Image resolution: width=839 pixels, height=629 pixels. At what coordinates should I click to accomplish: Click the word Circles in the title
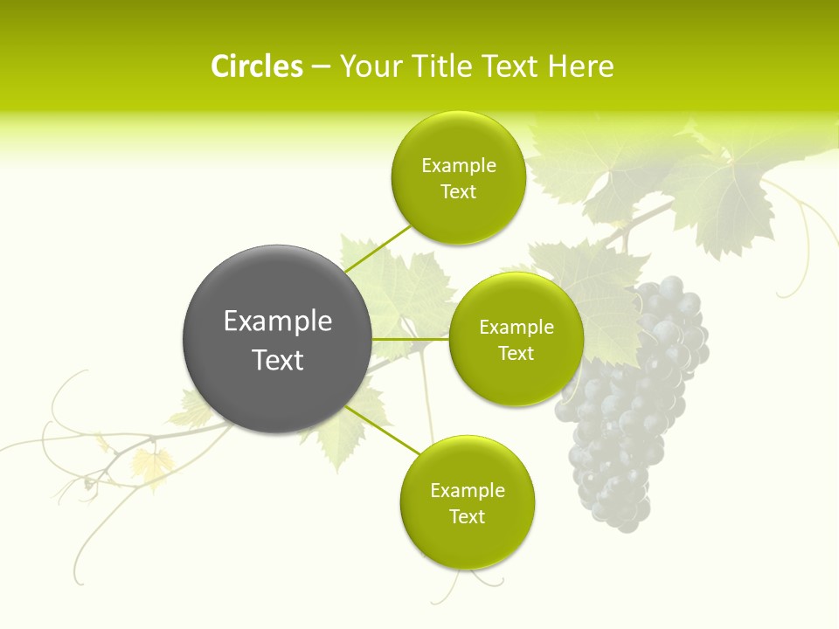pyautogui.click(x=256, y=66)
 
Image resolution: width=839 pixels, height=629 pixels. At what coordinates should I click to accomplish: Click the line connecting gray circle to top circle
pyautogui.click(x=378, y=248)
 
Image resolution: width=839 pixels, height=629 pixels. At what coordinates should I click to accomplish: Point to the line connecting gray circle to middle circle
pyautogui.click(x=410, y=339)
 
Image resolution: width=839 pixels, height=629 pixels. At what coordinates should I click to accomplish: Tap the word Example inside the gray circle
pyautogui.click(x=278, y=321)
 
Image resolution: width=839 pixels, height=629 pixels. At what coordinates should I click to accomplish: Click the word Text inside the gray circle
pyautogui.click(x=278, y=360)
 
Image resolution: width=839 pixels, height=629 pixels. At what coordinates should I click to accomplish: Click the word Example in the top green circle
pyautogui.click(x=458, y=165)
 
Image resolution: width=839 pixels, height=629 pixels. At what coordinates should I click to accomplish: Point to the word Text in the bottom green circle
pyautogui.click(x=467, y=516)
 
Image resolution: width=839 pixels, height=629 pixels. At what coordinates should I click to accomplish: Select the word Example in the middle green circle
pyautogui.click(x=516, y=327)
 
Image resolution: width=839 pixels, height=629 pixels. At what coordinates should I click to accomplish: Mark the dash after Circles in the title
pyautogui.click(x=321, y=67)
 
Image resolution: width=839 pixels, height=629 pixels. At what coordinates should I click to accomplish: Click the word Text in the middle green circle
pyautogui.click(x=516, y=353)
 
